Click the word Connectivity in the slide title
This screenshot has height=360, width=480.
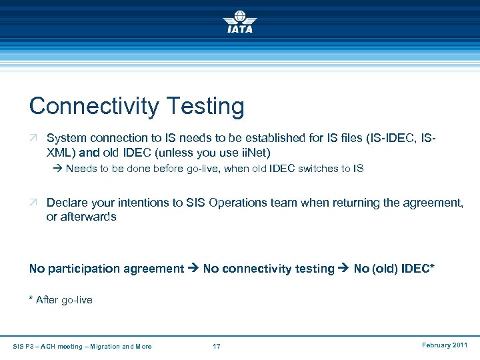click(93, 106)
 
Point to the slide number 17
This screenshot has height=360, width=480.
click(217, 346)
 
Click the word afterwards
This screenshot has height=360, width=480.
click(88, 217)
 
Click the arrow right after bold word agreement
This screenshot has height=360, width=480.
click(193, 269)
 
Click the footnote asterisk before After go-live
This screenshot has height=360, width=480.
click(31, 299)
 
